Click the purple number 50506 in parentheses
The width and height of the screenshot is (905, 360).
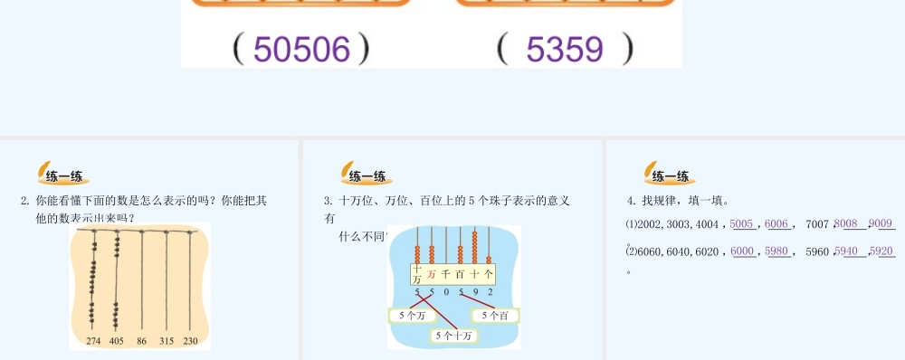[x=301, y=50]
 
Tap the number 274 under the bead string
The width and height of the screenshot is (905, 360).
[x=93, y=342]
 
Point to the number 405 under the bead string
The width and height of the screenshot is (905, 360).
[x=116, y=342]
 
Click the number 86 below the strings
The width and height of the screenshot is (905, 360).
[x=141, y=342]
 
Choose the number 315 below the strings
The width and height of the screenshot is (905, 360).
[x=167, y=342]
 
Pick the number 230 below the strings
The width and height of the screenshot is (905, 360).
[x=190, y=342]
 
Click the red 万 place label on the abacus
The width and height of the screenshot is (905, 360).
[x=432, y=273]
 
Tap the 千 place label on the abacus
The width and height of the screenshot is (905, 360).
[x=446, y=273]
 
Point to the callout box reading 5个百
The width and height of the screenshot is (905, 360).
[x=495, y=316]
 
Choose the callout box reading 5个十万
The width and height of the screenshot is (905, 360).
[x=453, y=336]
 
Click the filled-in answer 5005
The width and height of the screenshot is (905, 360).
[x=741, y=223]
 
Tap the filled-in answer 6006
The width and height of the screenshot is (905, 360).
[x=776, y=223]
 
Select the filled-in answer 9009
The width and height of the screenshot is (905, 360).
[x=881, y=223]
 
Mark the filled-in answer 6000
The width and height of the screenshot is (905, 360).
[x=742, y=251]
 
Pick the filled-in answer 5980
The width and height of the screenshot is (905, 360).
[x=776, y=251]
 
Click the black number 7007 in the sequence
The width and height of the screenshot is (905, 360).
[x=816, y=224]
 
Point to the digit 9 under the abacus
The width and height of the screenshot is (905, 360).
[x=476, y=292]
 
